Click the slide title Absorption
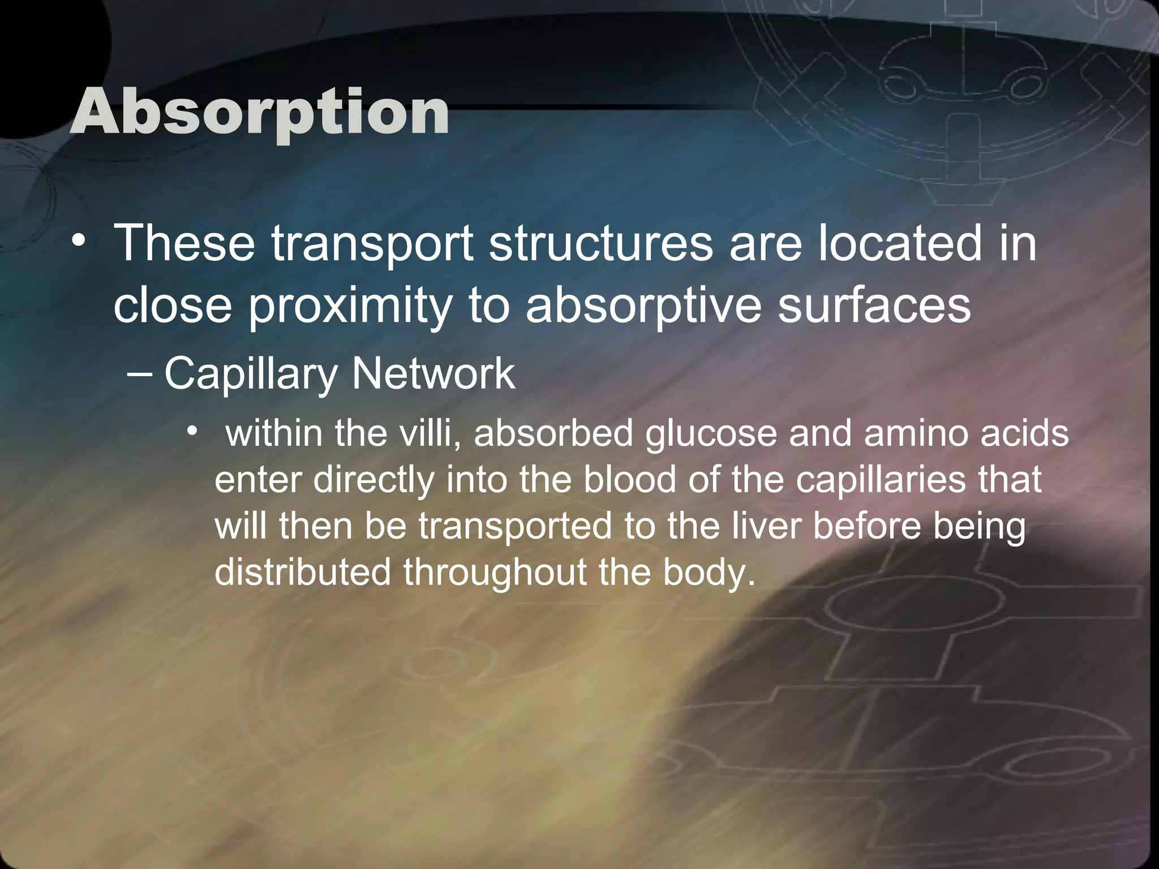pos(260,111)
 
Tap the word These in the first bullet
pos(184,243)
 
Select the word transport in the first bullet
pos(372,244)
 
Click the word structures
pos(600,243)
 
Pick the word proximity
pos(349,306)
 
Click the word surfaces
pos(874,305)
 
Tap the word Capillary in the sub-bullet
pos(251,375)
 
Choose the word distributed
pos(302,572)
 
